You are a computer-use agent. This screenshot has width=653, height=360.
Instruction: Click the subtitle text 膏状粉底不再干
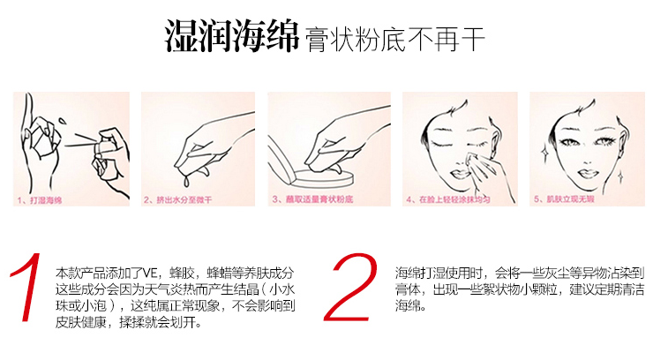(394, 41)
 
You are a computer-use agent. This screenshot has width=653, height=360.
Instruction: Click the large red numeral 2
(349, 287)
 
